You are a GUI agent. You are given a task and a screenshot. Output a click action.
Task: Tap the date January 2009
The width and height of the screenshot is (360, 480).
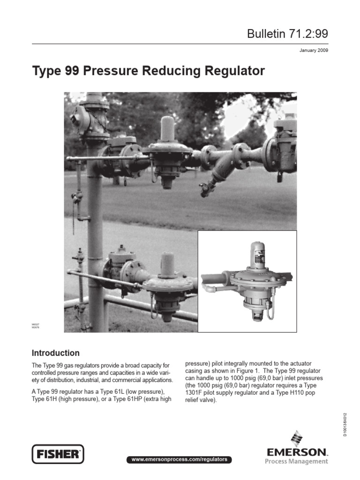(314, 50)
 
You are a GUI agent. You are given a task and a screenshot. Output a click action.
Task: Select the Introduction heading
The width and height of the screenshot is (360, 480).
(55, 353)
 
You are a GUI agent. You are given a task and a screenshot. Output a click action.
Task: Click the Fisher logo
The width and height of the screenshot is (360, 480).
(58, 454)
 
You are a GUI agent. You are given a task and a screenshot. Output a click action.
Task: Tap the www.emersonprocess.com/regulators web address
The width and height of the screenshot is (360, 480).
(180, 459)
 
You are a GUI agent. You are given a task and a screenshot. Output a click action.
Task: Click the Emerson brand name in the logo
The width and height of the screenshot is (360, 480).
(296, 452)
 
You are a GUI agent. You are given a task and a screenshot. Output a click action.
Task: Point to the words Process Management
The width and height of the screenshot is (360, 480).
(297, 462)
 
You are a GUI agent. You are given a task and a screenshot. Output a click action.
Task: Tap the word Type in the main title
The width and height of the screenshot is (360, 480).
(45, 71)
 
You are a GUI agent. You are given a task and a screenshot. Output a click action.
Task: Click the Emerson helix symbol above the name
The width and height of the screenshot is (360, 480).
(296, 438)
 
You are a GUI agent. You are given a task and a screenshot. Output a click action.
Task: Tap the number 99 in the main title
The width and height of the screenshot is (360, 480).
(69, 71)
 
